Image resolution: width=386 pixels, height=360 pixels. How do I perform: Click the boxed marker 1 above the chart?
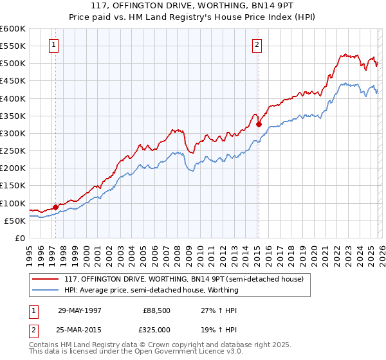(53, 45)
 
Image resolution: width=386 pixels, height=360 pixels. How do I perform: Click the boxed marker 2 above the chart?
(257, 45)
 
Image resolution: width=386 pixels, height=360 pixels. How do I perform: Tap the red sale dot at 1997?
(56, 206)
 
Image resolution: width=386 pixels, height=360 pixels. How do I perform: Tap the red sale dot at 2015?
(259, 124)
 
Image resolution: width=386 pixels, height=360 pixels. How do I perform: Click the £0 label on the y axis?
(21, 238)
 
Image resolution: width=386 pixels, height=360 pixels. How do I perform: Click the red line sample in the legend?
(46, 279)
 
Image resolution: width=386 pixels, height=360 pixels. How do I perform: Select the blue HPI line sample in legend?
(46, 290)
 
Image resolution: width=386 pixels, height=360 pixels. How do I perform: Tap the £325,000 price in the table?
(157, 330)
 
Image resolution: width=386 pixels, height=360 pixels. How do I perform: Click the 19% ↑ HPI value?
(214, 330)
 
